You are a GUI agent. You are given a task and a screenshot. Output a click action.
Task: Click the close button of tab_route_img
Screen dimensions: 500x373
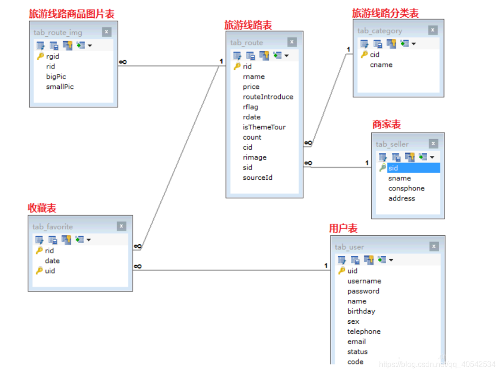[x=107, y=32]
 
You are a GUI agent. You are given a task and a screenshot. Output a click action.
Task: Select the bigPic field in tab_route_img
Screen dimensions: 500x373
[x=56, y=77]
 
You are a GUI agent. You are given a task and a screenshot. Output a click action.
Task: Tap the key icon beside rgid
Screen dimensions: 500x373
[x=41, y=56]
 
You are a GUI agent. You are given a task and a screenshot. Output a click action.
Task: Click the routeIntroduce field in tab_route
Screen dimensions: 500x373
[x=268, y=97]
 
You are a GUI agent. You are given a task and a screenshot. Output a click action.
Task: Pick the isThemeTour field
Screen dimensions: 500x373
[x=264, y=127]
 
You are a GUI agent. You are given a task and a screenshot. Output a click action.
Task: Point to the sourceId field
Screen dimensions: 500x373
[x=257, y=177]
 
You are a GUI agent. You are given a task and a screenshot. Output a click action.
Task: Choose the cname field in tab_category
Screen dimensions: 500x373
[x=381, y=65]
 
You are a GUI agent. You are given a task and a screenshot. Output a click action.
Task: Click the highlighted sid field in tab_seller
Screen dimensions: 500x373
[x=413, y=168]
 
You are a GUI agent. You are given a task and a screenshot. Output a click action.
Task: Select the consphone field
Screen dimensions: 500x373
[x=406, y=188]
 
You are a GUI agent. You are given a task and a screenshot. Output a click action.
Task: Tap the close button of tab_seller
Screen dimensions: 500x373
[x=433, y=143]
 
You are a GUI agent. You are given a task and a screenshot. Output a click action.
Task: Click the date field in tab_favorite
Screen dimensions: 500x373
[x=52, y=261]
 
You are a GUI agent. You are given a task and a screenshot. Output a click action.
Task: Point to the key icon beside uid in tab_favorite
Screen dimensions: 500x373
[x=39, y=271]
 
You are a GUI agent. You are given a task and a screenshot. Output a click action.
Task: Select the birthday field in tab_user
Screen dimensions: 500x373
[x=361, y=311]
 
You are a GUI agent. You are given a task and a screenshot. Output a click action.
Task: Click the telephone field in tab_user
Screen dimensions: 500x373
[x=364, y=331]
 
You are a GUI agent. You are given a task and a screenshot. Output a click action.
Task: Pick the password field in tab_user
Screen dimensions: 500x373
[x=364, y=291]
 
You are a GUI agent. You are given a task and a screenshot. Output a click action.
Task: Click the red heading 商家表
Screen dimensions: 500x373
[x=387, y=124]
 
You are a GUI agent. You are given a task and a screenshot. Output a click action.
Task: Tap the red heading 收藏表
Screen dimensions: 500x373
[x=42, y=208]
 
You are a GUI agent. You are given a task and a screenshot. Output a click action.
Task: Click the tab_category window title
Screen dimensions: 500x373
[x=379, y=31]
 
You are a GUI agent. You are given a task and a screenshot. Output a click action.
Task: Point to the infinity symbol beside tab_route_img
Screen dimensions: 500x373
[x=123, y=62]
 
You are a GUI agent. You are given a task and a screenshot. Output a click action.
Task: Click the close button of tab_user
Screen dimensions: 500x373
[x=434, y=246]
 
